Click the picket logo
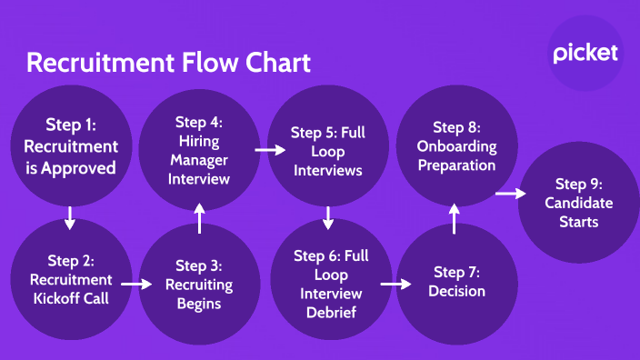(x=585, y=53)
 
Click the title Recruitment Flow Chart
(x=168, y=63)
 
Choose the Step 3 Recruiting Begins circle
(x=199, y=283)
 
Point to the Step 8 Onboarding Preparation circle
(x=456, y=145)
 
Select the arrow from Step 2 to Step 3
(x=135, y=284)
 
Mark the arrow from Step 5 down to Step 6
(x=328, y=218)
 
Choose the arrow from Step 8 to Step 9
(x=511, y=194)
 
